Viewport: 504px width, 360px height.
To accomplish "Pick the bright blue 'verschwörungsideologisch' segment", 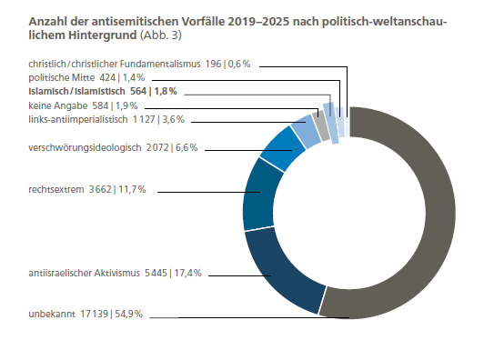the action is [x=283, y=147].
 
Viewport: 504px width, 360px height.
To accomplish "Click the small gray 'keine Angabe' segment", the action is [x=321, y=125].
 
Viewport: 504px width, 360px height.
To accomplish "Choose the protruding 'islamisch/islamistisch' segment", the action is [x=331, y=123].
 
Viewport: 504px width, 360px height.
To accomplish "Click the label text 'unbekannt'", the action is [x=52, y=314].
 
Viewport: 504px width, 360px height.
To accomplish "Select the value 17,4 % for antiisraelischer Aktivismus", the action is [x=188, y=273].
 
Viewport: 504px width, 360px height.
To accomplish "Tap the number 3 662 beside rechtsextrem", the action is [x=100, y=189].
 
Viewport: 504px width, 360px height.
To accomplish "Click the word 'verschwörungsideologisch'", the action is [x=85, y=147].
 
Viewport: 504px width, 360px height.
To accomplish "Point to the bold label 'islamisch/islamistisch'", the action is [x=76, y=92].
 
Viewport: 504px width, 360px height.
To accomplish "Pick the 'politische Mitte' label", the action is [x=61, y=77].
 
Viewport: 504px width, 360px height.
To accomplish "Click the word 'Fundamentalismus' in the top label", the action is [x=160, y=64].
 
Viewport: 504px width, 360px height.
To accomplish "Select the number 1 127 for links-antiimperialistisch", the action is [x=144, y=119].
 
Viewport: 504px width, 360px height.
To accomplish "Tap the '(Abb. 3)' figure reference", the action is [x=161, y=35].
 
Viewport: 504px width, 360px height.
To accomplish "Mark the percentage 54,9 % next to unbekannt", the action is [x=129, y=314].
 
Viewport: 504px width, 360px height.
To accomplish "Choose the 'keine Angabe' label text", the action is [x=58, y=105].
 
